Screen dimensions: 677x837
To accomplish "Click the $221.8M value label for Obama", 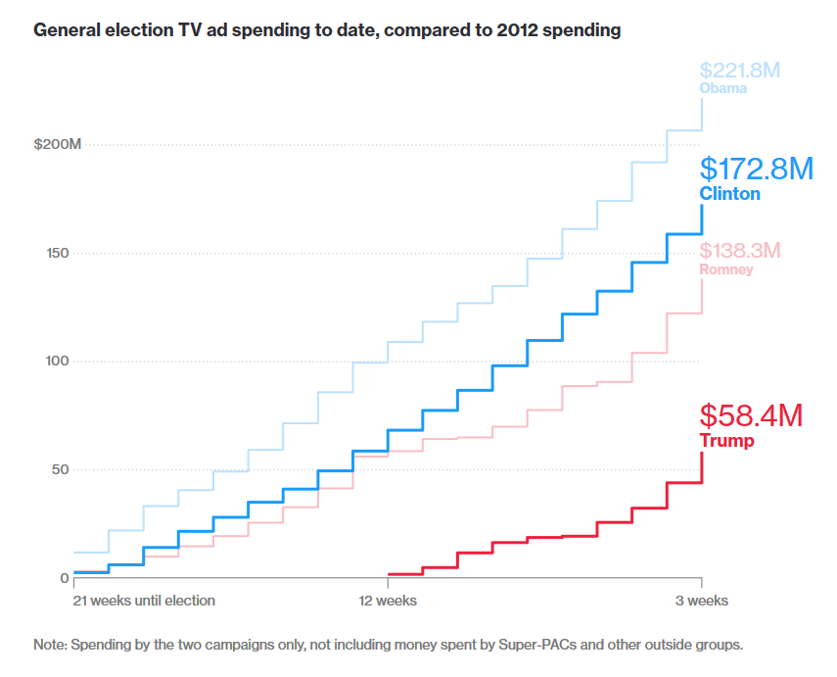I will [739, 71].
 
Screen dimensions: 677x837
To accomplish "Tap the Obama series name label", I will [722, 88].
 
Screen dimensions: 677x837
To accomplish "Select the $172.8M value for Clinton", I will [756, 169].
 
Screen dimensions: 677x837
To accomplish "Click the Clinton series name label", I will [729, 194].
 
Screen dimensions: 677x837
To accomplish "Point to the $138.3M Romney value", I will [739, 250].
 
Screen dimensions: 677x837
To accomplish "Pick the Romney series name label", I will [726, 268].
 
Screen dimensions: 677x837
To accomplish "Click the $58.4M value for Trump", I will [751, 415].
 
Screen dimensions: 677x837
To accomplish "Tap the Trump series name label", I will [726, 441].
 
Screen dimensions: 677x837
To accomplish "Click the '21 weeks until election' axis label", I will [145, 600].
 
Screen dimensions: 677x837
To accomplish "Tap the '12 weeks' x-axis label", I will [387, 600].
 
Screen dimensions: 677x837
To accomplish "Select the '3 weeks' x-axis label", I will [701, 600].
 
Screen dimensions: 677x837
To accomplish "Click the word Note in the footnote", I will [49, 645].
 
